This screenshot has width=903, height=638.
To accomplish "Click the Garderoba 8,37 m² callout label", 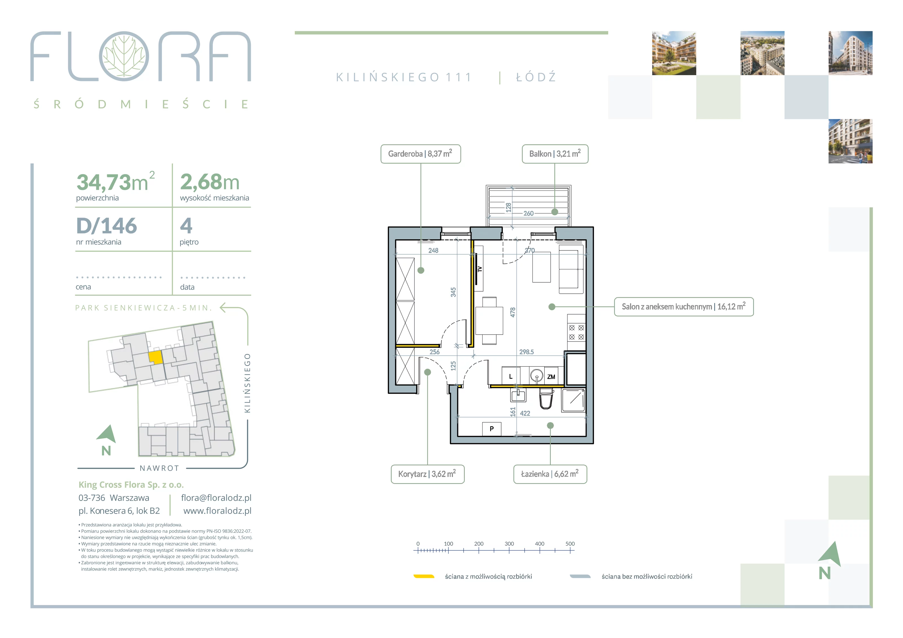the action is [x=420, y=154].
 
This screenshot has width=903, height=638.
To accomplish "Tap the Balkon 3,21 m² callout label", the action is [x=555, y=154].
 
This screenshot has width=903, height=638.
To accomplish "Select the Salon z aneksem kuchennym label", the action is [x=683, y=307].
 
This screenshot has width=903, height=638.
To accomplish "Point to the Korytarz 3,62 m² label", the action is [x=428, y=474].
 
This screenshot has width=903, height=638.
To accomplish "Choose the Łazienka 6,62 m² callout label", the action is [x=550, y=474].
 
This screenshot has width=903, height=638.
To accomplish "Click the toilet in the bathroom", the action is [x=546, y=399].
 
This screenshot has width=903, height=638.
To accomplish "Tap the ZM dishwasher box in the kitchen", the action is [x=551, y=377].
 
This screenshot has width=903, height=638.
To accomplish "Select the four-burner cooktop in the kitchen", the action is [x=576, y=332].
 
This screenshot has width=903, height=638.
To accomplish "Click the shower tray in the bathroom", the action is [x=573, y=400].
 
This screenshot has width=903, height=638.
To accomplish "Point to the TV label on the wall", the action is [x=479, y=269].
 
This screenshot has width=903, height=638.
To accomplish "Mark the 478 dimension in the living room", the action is [x=512, y=313].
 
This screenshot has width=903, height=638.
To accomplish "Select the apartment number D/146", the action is [x=107, y=226].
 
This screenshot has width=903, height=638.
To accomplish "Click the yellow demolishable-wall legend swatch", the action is [x=424, y=576].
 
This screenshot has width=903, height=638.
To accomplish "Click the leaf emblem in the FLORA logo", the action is [x=124, y=56].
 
